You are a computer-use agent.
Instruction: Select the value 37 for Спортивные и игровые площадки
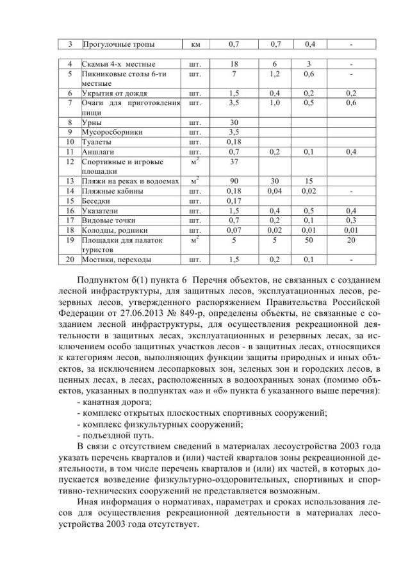pyautogui.click(x=234, y=162)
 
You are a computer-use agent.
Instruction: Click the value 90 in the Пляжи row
pyautogui.click(x=234, y=181)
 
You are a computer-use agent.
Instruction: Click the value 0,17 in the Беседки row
pyautogui.click(x=234, y=201)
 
